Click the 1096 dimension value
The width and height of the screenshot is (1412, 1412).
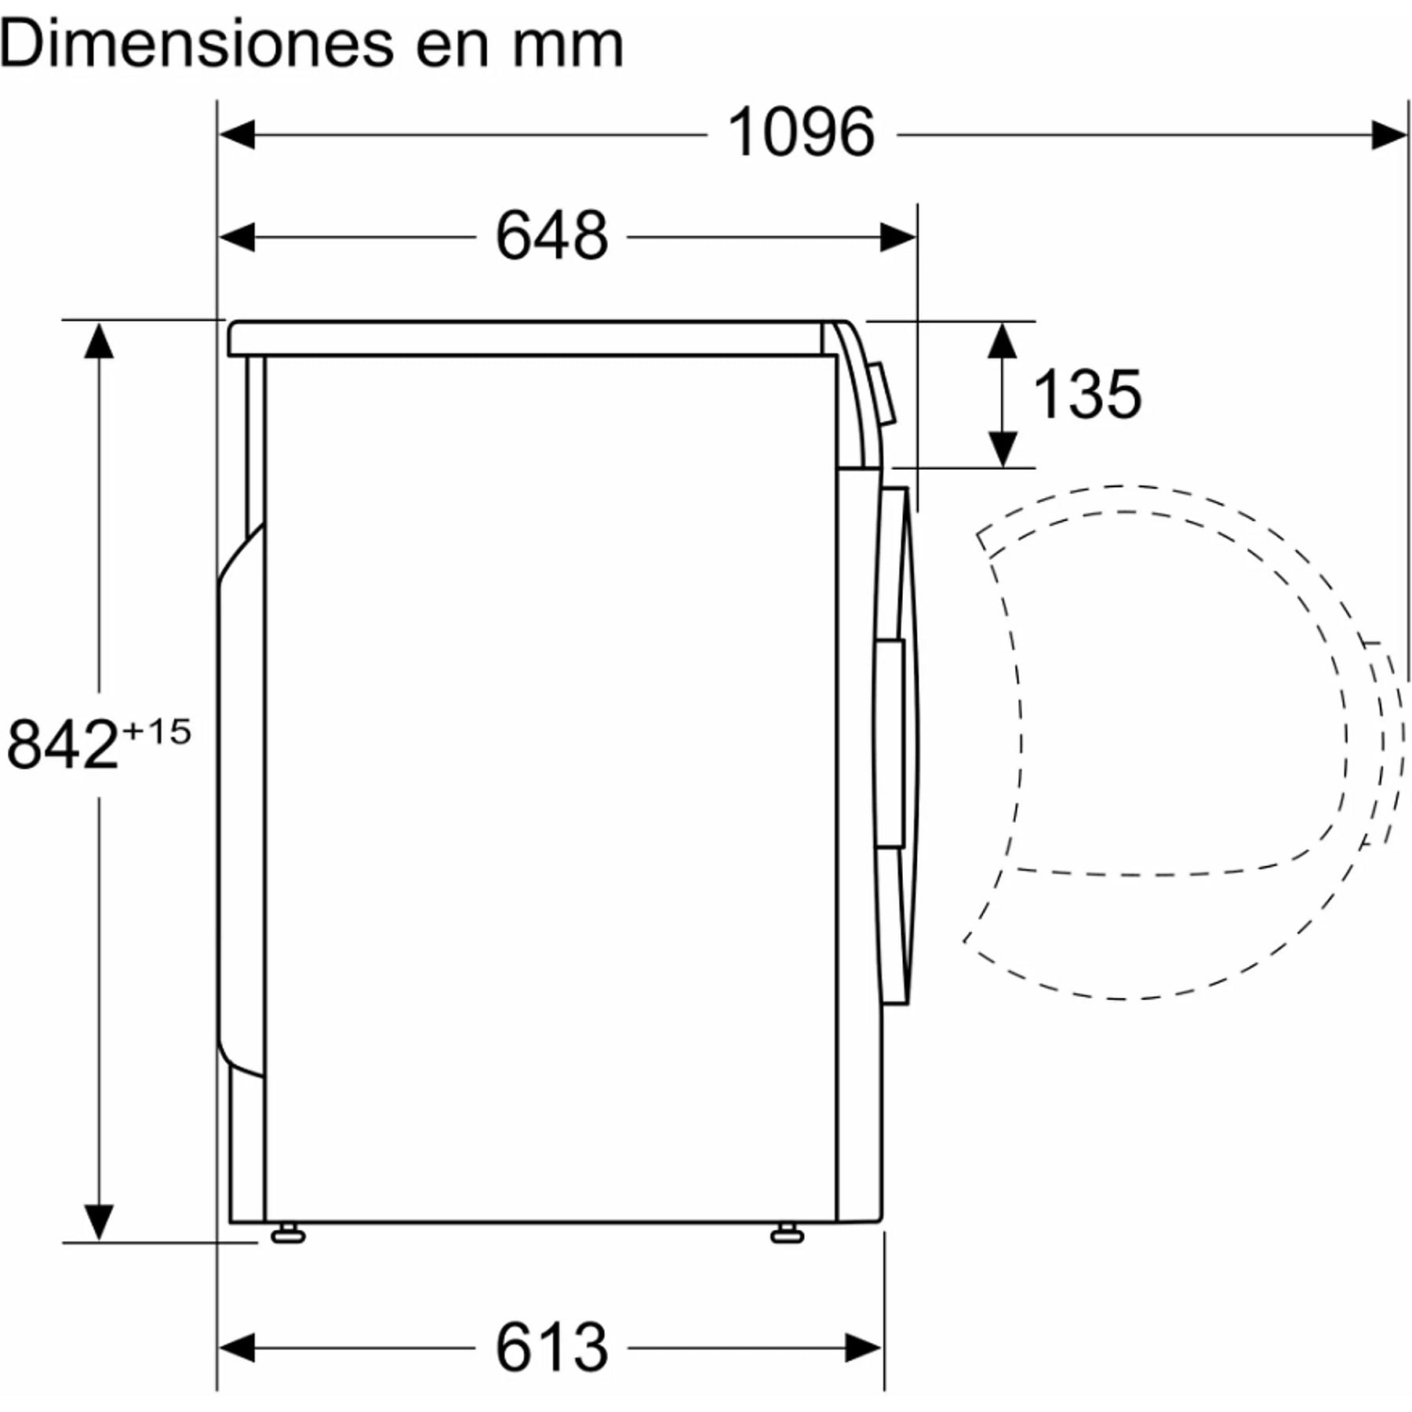801,132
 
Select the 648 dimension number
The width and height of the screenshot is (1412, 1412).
551,235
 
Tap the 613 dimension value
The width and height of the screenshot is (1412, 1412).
551,1348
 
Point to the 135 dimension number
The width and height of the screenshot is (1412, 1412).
1087,394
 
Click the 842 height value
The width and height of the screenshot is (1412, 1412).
63,744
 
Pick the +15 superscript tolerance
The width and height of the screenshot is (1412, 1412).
157,732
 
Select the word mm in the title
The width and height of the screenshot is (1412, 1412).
568,45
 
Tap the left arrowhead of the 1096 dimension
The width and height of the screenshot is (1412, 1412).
236,134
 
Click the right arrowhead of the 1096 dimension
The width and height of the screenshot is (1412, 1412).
1389,134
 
